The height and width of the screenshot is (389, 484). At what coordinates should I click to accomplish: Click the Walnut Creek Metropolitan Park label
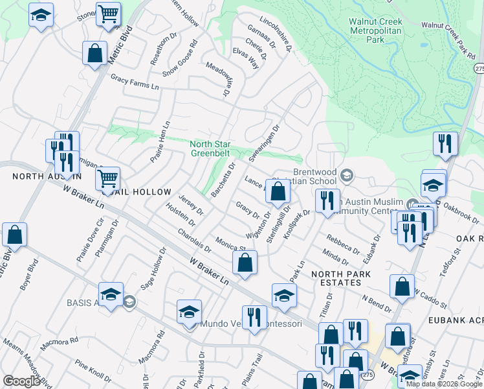click(x=375, y=30)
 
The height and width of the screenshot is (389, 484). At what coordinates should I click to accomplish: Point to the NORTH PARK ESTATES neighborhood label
click(x=341, y=278)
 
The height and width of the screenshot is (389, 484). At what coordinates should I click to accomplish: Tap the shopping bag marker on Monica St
click(x=245, y=263)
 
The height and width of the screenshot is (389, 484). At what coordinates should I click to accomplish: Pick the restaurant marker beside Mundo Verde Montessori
click(x=254, y=317)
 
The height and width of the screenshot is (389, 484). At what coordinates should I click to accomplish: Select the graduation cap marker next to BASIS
click(x=111, y=294)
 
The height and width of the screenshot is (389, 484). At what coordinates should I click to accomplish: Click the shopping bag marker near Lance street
click(x=278, y=191)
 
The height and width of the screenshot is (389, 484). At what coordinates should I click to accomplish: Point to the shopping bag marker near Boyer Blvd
click(x=14, y=235)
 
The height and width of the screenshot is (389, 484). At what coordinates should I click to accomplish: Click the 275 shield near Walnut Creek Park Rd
click(x=478, y=67)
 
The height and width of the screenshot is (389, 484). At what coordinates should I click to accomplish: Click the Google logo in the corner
click(x=21, y=381)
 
